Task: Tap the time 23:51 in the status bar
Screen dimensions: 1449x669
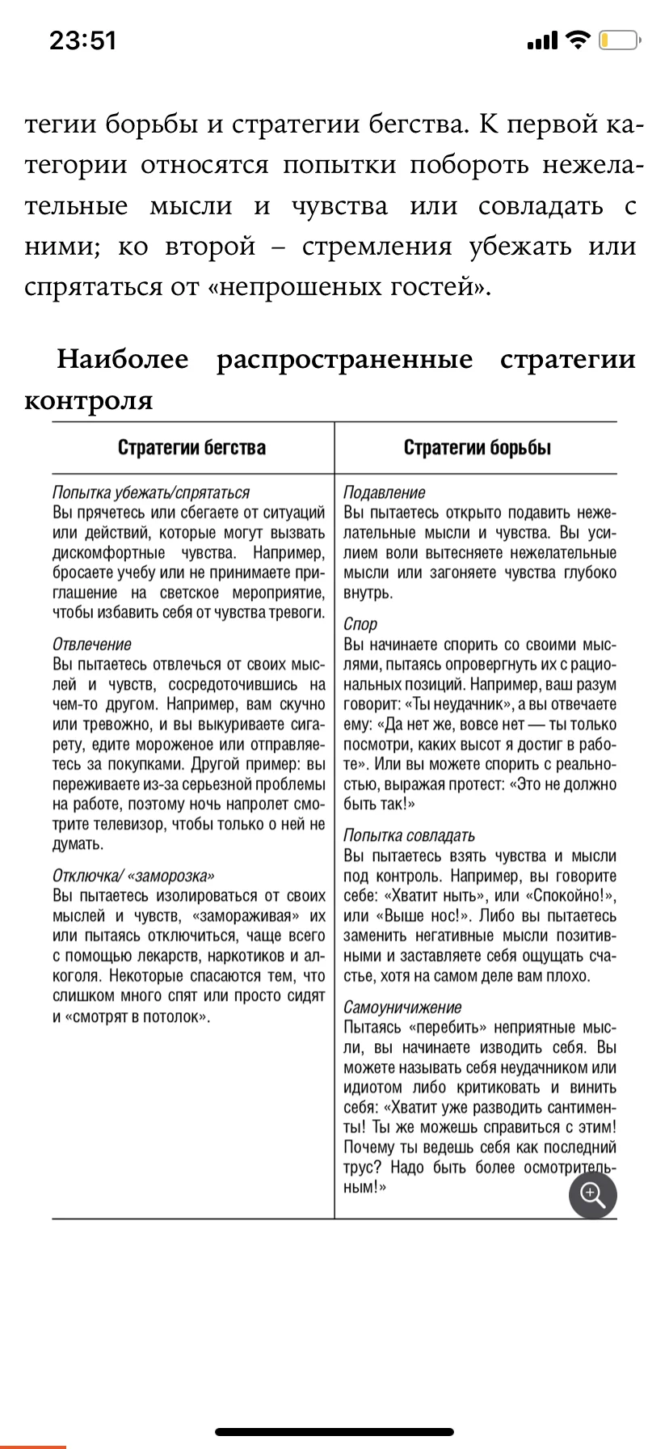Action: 83,40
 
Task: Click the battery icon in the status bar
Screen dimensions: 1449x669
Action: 620,40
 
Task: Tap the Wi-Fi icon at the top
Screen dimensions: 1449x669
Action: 578,40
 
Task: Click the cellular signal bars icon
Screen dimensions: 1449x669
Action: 542,40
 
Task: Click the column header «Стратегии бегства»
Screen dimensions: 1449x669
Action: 191,448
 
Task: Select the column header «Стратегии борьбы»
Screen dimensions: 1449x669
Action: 478,448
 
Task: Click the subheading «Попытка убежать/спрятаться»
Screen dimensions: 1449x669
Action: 151,492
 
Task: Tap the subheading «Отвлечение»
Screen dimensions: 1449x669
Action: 92,644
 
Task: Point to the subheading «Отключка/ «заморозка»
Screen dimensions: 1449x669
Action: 133,876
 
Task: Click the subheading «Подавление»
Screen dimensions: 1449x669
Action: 385,492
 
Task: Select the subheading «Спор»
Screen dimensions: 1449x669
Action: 360,624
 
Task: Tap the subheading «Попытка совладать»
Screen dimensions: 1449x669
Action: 409,835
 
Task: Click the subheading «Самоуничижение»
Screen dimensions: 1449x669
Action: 402,1008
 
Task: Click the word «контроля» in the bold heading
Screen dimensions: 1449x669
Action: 89,400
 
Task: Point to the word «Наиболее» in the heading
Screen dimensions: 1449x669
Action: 123,359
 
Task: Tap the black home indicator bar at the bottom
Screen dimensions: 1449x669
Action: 334,1432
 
